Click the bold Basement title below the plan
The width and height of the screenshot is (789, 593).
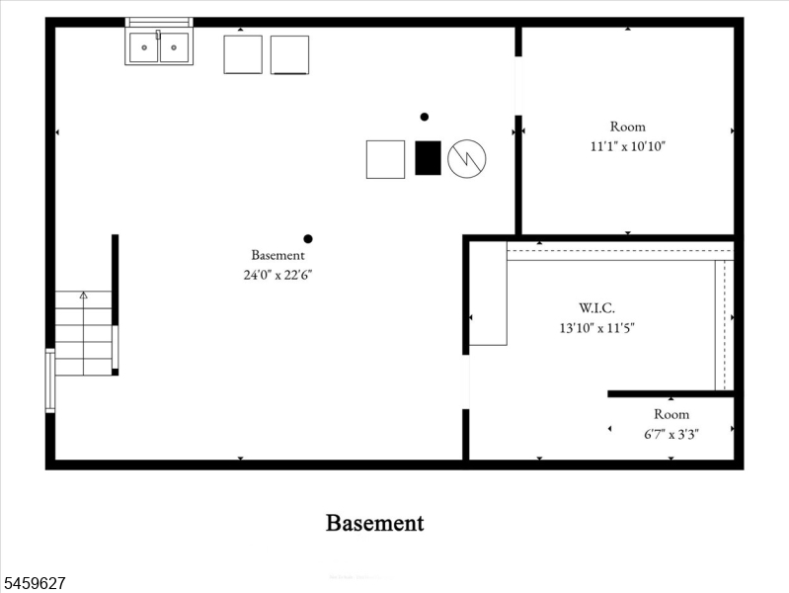[375, 523]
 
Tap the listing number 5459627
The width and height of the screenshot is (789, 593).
[35, 583]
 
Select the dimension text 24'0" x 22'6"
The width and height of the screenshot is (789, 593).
[277, 275]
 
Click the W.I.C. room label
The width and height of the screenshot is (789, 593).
[596, 307]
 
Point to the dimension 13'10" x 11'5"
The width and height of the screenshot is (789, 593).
[596, 328]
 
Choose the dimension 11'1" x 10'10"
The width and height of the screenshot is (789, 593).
[627, 146]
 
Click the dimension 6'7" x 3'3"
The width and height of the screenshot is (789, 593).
[671, 434]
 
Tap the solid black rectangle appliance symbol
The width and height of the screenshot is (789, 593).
[428, 158]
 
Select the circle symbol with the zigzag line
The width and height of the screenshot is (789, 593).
[466, 159]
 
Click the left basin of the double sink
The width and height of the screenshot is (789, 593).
[144, 47]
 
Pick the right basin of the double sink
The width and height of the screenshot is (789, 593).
[174, 47]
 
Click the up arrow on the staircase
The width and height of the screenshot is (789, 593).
[84, 295]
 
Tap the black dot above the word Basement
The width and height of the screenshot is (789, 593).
[308, 239]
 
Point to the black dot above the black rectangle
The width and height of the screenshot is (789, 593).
[425, 117]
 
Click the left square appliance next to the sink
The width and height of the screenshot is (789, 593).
[243, 54]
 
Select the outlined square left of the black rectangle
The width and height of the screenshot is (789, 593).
[385, 159]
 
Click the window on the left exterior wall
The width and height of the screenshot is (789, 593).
[49, 381]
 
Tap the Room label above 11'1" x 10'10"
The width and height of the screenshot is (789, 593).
[627, 127]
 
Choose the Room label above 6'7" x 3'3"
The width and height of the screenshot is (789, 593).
[671, 414]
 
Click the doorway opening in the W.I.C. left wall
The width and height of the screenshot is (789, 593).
[465, 381]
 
